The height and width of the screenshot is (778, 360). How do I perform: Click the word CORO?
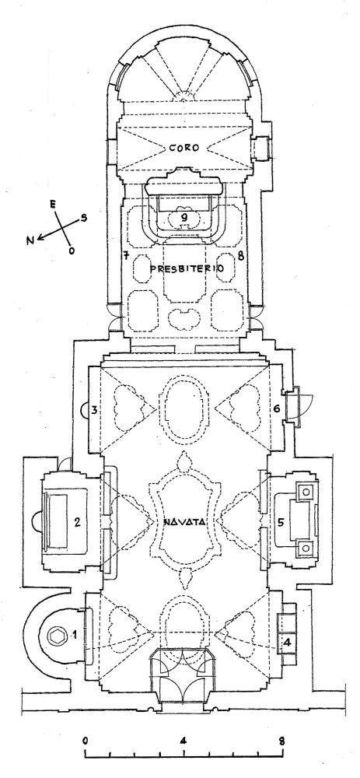[184, 148]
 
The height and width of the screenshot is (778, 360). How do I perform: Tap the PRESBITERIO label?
[187, 268]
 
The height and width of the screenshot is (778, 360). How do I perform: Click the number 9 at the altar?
[184, 216]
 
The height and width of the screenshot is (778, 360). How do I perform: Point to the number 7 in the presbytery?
[127, 256]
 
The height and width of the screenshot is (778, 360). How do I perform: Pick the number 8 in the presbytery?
[240, 256]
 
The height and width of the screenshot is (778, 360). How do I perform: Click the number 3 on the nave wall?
[94, 410]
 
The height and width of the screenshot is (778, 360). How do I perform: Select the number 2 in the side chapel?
[77, 521]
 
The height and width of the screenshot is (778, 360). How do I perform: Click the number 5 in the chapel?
[281, 522]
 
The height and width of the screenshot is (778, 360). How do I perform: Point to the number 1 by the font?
[75, 633]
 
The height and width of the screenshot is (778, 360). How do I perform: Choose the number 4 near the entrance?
[287, 641]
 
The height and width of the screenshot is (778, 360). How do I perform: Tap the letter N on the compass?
[31, 240]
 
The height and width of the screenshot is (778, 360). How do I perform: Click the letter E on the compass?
[52, 203]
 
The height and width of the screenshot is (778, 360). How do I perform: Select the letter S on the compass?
[84, 217]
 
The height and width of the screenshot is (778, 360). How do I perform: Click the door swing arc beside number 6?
[307, 403]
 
